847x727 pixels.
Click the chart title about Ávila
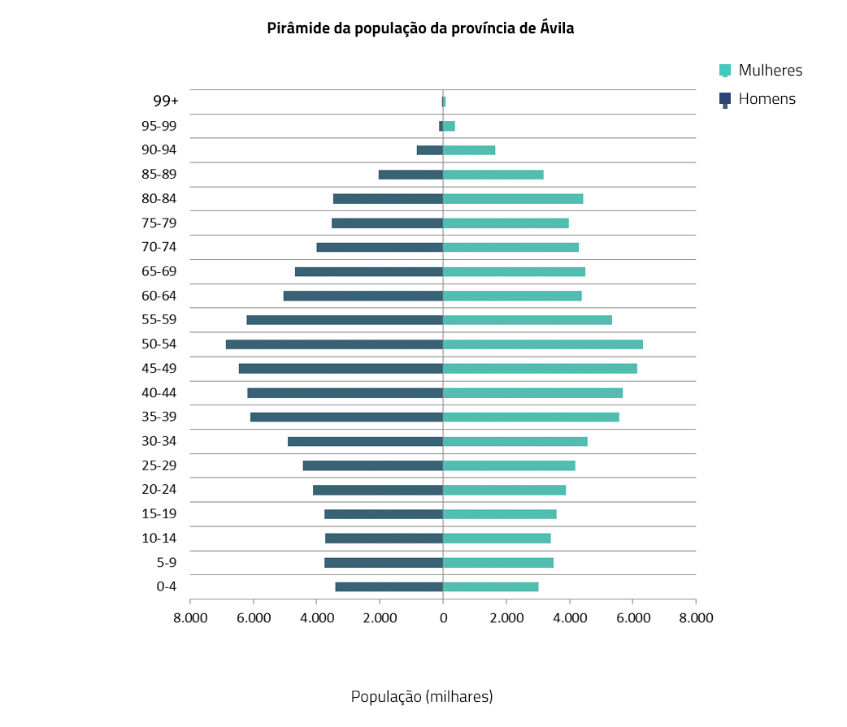pos(420,28)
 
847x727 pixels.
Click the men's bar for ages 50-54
pos(334,344)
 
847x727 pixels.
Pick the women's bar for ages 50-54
pos(542,344)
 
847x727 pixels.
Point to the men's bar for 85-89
pos(410,175)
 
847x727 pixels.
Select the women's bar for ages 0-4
pos(490,586)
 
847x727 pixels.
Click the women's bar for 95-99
pos(449,126)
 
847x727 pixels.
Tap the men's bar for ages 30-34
pos(365,441)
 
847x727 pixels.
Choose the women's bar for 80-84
pos(513,199)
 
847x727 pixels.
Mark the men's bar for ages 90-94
pos(429,150)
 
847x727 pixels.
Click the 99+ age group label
pos(165,102)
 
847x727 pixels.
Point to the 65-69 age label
pos(159,271)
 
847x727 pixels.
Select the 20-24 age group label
pos(159,490)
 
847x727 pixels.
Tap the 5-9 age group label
pos(166,562)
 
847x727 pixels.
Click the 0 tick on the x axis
pos(443,618)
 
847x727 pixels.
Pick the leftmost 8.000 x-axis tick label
pos(190,618)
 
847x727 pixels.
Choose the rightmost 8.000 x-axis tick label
pos(696,618)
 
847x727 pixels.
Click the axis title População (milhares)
pos(422,697)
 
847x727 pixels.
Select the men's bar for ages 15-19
pos(383,514)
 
